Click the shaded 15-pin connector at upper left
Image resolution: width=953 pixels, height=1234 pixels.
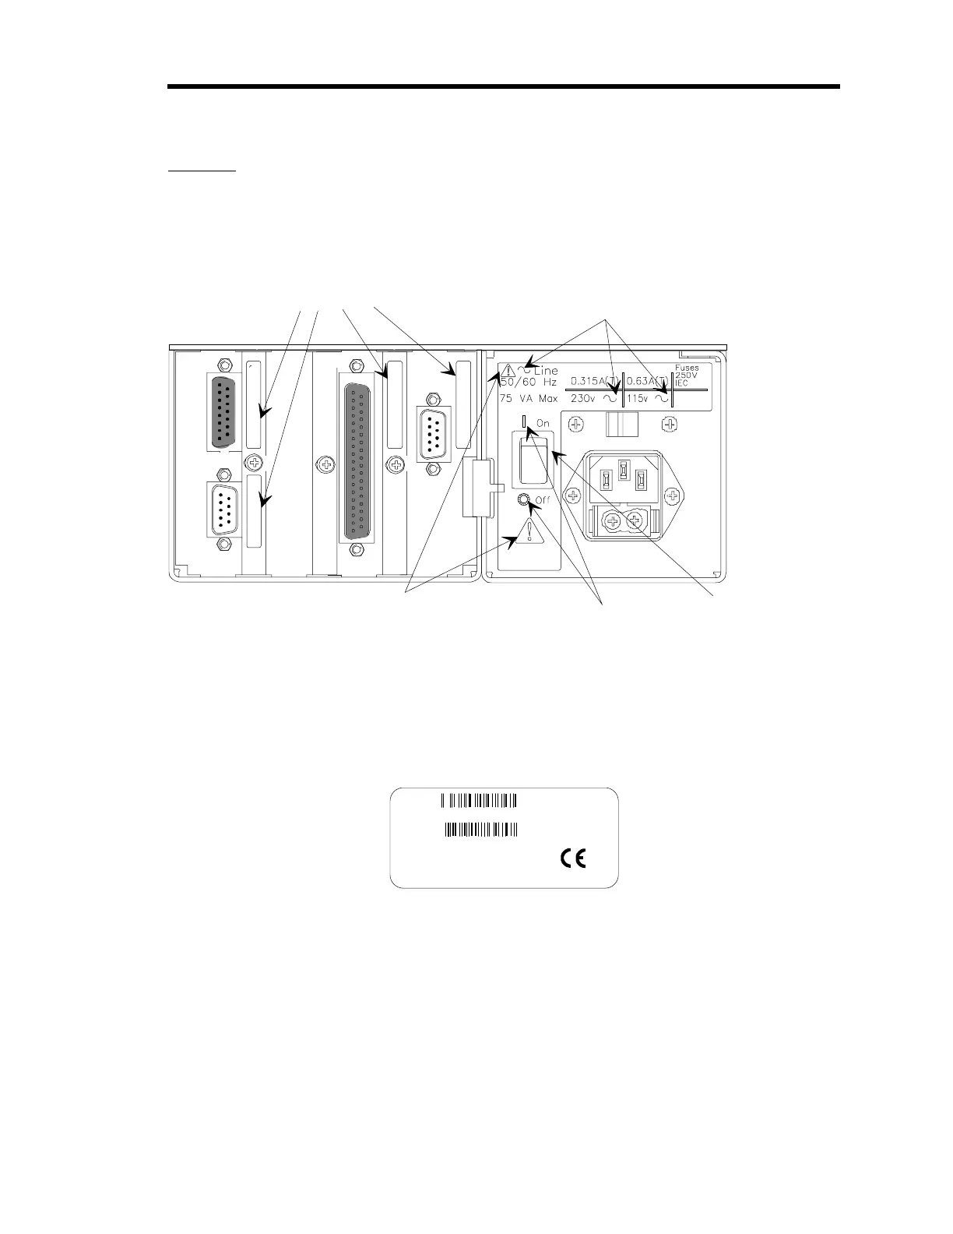(222, 410)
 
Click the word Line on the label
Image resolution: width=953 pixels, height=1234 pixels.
(546, 371)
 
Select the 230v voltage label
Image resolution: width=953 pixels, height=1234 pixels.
(582, 398)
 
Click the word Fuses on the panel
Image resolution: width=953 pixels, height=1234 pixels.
(687, 368)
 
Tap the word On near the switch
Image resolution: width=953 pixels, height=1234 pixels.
(543, 423)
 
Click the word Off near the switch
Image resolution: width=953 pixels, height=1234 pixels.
(543, 500)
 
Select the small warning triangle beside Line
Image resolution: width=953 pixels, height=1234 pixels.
(508, 371)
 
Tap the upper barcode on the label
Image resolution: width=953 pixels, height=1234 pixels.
(480, 800)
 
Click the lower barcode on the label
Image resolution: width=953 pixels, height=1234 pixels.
(481, 830)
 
